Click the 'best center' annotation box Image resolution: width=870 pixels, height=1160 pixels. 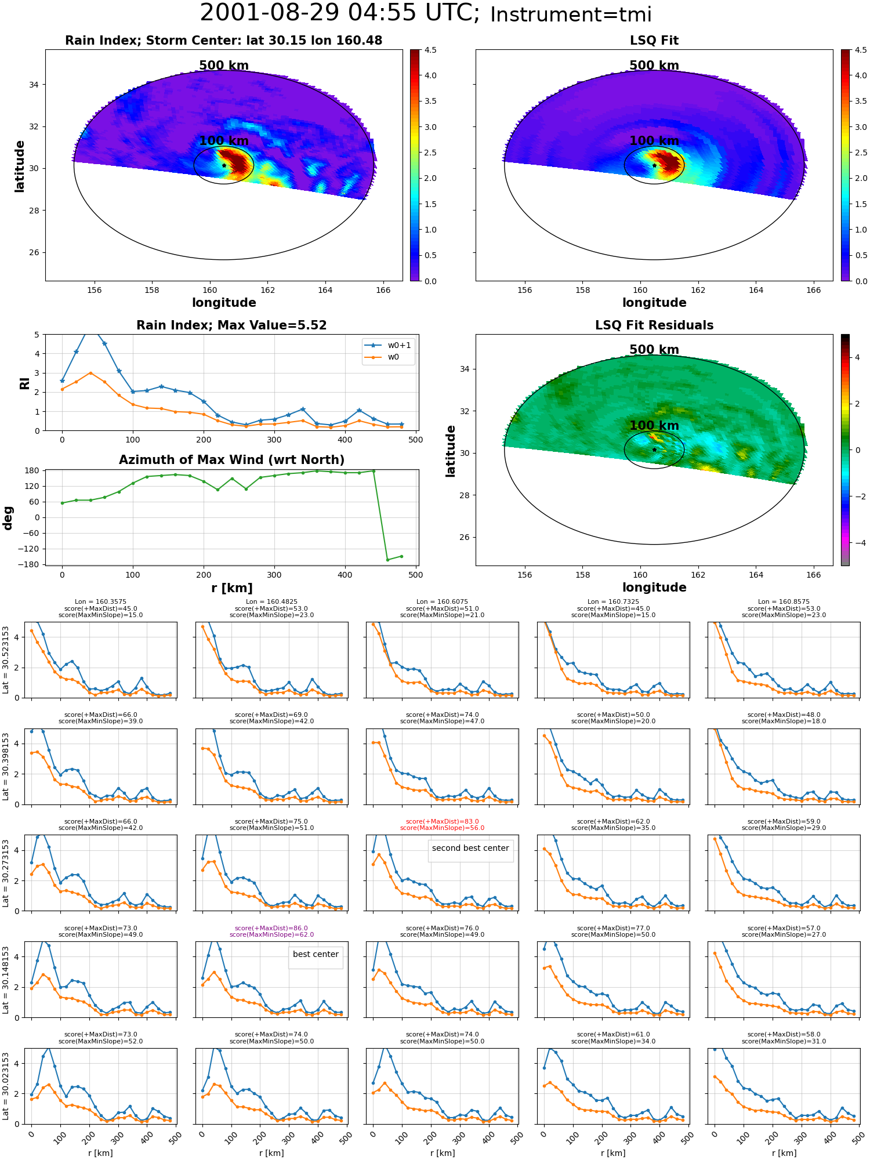pyautogui.click(x=316, y=954)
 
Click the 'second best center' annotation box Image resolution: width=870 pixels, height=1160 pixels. pyautogui.click(x=470, y=848)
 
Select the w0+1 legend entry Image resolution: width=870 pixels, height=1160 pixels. pyautogui.click(x=389, y=345)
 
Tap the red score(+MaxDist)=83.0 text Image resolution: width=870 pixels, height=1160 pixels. pyautogui.click(x=443, y=821)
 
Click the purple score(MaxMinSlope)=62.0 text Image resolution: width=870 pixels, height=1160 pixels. pyautogui.click(x=271, y=934)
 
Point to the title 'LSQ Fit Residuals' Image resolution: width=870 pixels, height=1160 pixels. pyautogui.click(x=654, y=325)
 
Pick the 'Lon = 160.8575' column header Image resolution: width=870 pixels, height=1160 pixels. pyautogui.click(x=784, y=602)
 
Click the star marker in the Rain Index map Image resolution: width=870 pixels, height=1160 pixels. pyautogui.click(x=224, y=165)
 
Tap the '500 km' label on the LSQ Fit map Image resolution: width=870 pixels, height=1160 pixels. pyautogui.click(x=654, y=66)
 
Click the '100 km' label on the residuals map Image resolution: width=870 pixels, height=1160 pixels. pyautogui.click(x=654, y=426)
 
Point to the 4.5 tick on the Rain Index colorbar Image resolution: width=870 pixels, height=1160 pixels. pyautogui.click(x=430, y=50)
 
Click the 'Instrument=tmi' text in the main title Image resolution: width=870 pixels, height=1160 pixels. pyautogui.click(x=571, y=15)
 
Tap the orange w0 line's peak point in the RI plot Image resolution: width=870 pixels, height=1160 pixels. pyautogui.click(x=90, y=373)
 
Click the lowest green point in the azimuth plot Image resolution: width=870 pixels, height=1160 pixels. pyautogui.click(x=387, y=560)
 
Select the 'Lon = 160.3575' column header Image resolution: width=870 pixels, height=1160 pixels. pyautogui.click(x=100, y=602)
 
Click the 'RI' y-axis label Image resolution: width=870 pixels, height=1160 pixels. pyautogui.click(x=25, y=383)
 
